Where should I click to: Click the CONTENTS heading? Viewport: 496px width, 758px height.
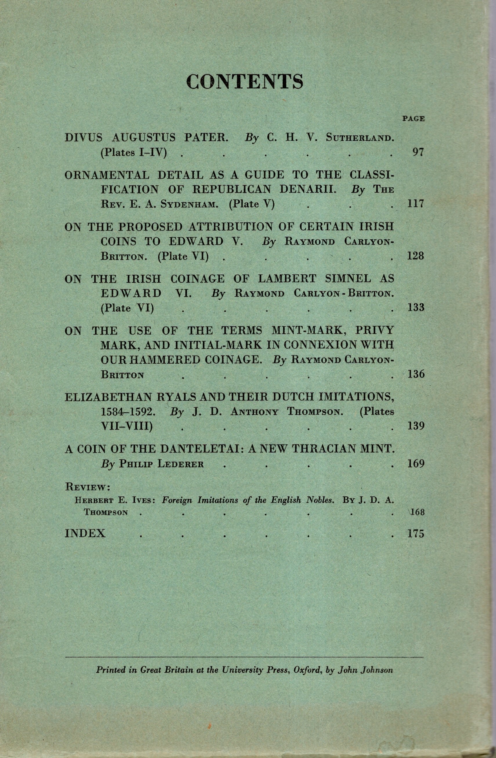(244, 81)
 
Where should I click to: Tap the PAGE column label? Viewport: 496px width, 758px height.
(413, 119)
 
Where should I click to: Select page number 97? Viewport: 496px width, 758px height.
(418, 152)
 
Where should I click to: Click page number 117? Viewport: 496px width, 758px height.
(416, 204)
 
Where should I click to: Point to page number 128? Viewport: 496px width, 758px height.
(416, 256)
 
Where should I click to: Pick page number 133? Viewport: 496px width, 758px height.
(416, 308)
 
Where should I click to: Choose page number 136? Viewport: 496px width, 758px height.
(416, 374)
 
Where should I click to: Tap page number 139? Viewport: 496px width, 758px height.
(416, 426)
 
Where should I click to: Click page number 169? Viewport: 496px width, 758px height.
(416, 463)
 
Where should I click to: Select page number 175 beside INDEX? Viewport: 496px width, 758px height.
(416, 533)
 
